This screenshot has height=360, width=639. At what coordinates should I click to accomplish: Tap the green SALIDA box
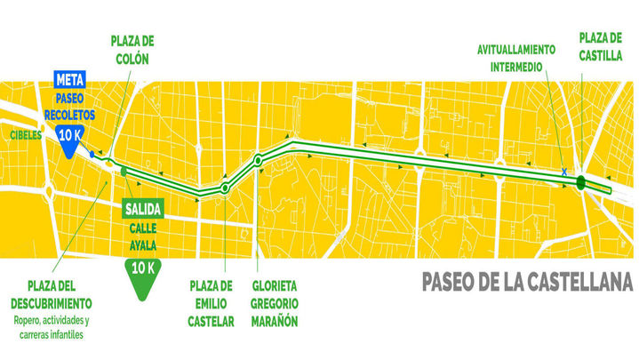pos(142,210)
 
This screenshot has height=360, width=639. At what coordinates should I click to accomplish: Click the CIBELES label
pos(26,135)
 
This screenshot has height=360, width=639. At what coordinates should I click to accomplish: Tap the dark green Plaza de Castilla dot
pos(580,183)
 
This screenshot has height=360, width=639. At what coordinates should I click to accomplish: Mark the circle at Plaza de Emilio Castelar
pos(225,188)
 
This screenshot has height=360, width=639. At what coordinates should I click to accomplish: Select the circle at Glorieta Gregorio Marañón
pos(258,161)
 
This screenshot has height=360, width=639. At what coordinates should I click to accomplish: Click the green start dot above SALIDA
pos(124,170)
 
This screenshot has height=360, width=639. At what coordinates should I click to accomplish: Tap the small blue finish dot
pos(92,154)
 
